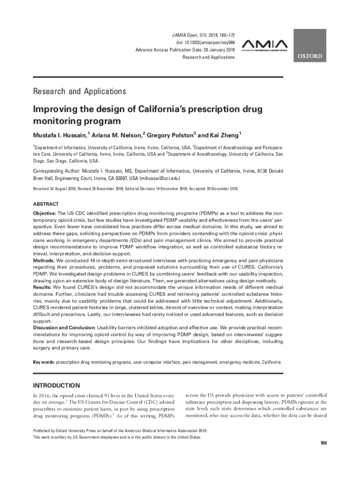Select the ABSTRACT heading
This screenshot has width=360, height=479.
(x=46, y=204)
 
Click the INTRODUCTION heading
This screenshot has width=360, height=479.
(x=56, y=385)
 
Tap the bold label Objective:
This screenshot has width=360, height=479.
(x=44, y=213)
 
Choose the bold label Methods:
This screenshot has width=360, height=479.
(x=43, y=260)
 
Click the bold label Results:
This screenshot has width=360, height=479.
(x=42, y=287)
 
